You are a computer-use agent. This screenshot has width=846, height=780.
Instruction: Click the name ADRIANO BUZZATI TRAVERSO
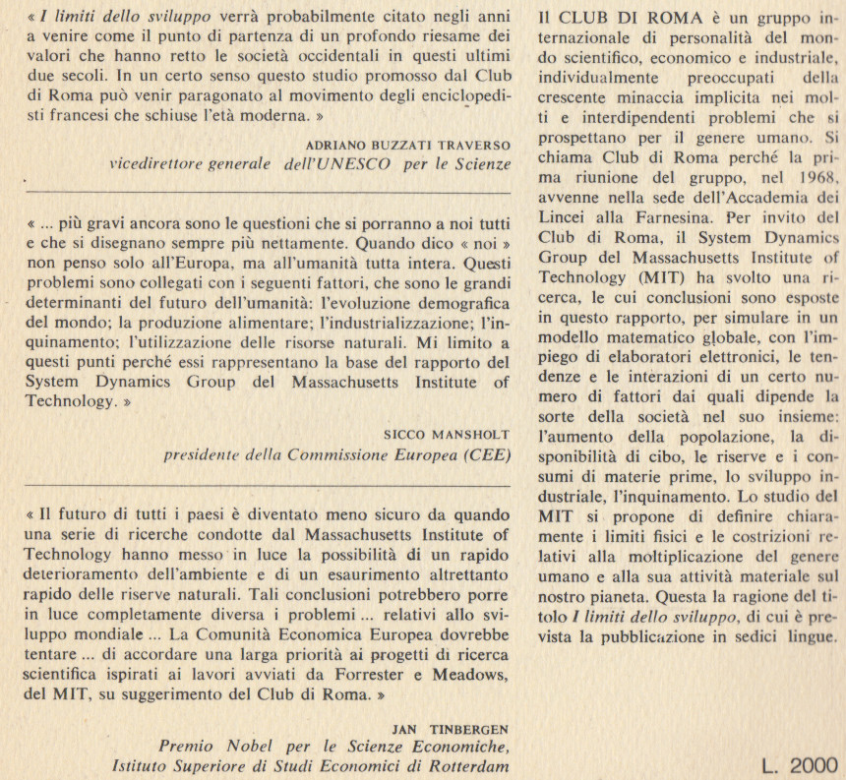(410, 145)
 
